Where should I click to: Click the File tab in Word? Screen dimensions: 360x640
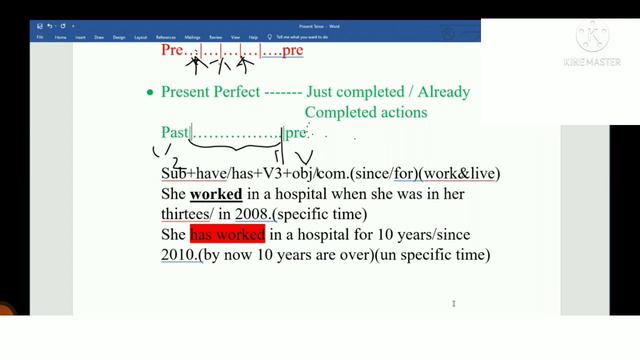pos(40,37)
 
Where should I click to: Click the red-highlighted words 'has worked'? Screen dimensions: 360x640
pos(227,235)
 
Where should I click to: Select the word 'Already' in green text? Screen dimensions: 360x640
pos(437,92)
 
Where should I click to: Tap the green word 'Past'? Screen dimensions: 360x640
pos(176,132)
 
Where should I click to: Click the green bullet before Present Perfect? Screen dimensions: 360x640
pos(150,93)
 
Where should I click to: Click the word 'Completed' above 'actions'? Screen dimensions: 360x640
pos(341,112)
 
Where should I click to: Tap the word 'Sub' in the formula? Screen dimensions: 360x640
pos(174,173)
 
